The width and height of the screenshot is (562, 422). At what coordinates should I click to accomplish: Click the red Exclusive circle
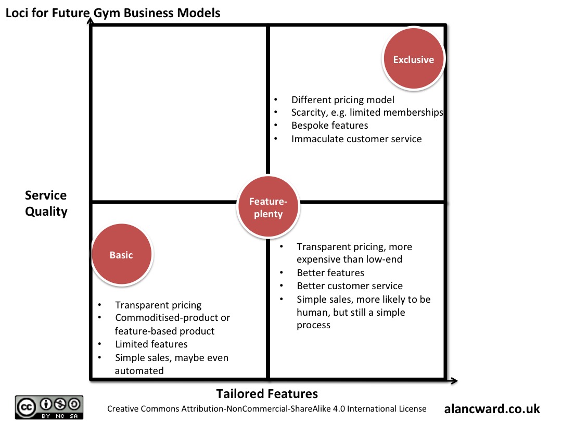(x=413, y=59)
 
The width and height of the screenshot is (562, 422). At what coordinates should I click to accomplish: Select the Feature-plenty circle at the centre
(x=268, y=207)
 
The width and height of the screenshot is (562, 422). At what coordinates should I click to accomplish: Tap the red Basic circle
(x=121, y=255)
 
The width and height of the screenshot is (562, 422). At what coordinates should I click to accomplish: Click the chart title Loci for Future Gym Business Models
(x=113, y=13)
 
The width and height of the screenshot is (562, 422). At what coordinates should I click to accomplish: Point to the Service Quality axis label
(x=46, y=203)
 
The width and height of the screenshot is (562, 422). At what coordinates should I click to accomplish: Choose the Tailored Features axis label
(x=267, y=393)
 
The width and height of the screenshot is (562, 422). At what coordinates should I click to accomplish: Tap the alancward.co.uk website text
(x=492, y=408)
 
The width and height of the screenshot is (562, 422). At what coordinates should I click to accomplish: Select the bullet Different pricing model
(x=342, y=100)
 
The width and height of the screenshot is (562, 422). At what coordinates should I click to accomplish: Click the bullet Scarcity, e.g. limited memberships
(x=367, y=113)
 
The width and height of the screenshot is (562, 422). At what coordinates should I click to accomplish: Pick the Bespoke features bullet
(x=329, y=126)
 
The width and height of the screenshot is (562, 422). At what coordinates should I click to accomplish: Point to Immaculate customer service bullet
(x=356, y=139)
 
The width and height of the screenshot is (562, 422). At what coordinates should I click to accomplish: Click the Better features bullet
(x=330, y=272)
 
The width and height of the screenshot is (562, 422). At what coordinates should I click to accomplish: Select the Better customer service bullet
(x=350, y=286)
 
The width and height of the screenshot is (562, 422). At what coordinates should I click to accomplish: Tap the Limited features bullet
(x=151, y=344)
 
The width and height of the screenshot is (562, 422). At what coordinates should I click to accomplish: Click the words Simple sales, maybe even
(x=172, y=357)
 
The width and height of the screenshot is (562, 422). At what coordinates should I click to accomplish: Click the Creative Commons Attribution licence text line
(x=266, y=409)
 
